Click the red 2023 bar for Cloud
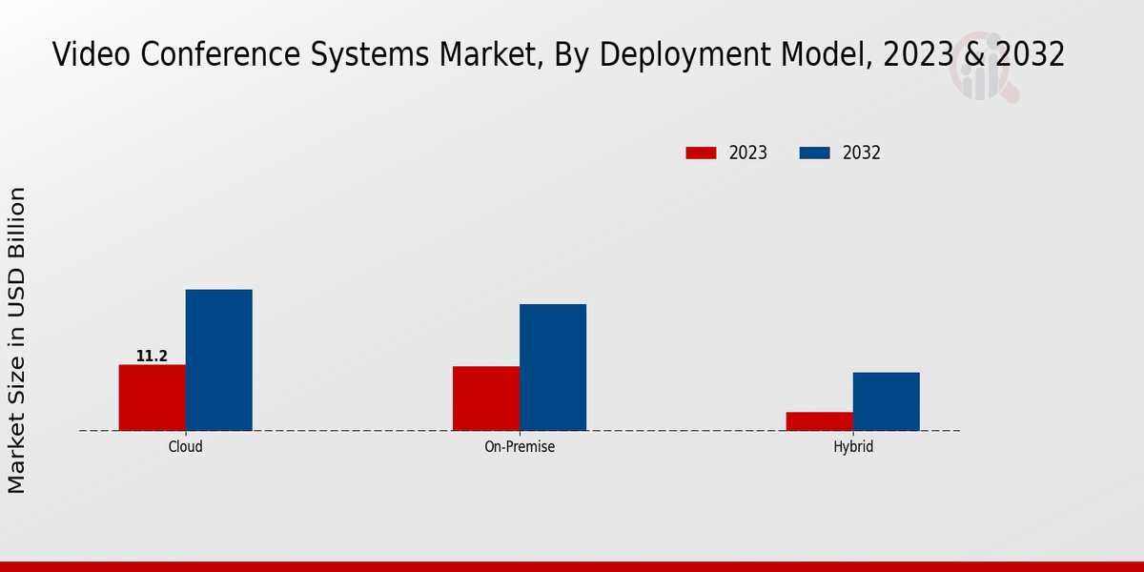(152, 398)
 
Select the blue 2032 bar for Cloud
(218, 359)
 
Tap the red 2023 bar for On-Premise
(486, 398)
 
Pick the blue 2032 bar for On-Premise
(553, 367)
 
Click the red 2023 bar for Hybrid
(820, 421)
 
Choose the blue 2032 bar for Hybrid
(887, 401)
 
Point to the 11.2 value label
(152, 357)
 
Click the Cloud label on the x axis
(185, 446)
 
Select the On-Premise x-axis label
(520, 446)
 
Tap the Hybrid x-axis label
(853, 446)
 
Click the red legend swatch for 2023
(701, 153)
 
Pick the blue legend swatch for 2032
(814, 153)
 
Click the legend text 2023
(748, 153)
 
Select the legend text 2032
(862, 153)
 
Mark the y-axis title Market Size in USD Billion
(17, 340)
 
